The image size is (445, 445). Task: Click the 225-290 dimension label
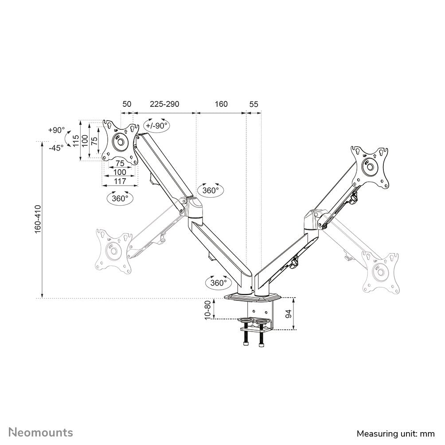164,104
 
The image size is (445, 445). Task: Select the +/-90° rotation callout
157,125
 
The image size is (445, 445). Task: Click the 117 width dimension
120,181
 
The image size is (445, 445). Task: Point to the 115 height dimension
76,141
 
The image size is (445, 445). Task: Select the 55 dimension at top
254,104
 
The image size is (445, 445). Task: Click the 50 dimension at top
127,104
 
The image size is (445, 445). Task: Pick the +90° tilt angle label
56,130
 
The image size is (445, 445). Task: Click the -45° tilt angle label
56,148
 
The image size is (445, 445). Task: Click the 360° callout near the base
218,282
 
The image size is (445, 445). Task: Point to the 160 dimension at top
221,104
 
